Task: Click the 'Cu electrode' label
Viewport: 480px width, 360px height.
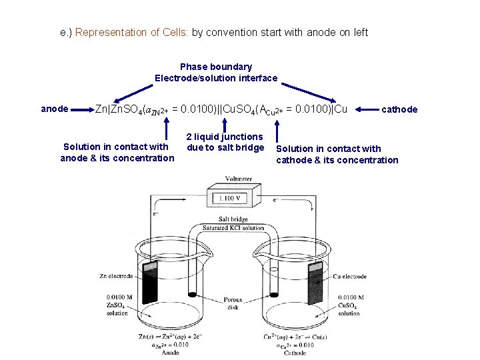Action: pyautogui.click(x=349, y=276)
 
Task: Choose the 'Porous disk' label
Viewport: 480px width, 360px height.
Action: pyautogui.click(x=233, y=303)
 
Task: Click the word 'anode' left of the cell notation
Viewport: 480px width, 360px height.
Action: pyautogui.click(x=54, y=108)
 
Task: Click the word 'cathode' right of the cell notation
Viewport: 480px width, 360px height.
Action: pyautogui.click(x=399, y=109)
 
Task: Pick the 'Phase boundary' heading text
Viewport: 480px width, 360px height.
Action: pyautogui.click(x=216, y=67)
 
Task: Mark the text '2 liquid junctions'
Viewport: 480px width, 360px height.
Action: pyautogui.click(x=224, y=137)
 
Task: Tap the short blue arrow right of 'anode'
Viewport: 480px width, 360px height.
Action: pyautogui.click(x=81, y=109)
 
